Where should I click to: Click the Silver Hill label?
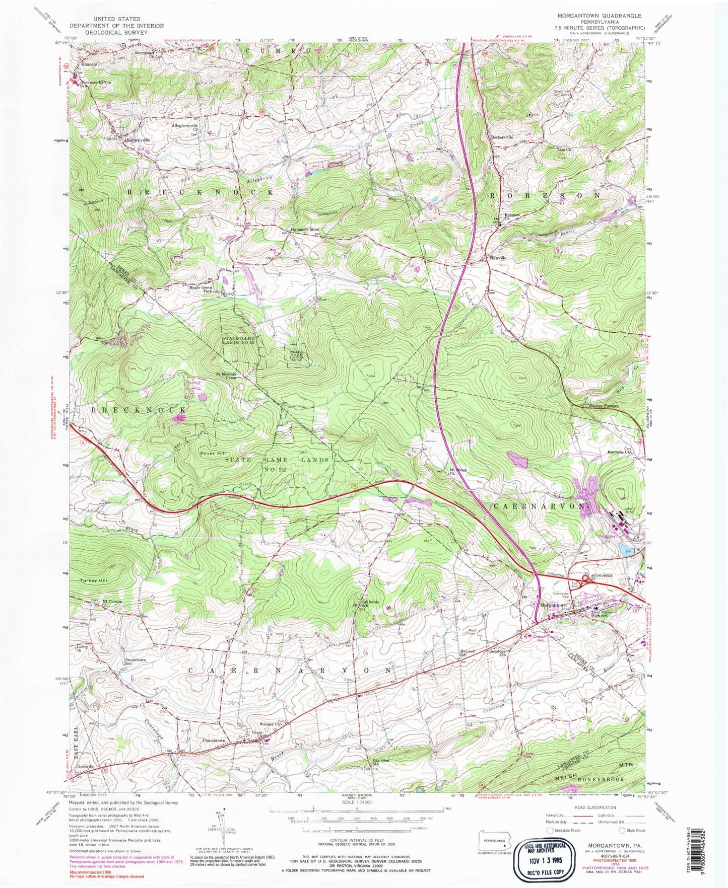213,453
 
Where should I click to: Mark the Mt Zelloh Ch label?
458,472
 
